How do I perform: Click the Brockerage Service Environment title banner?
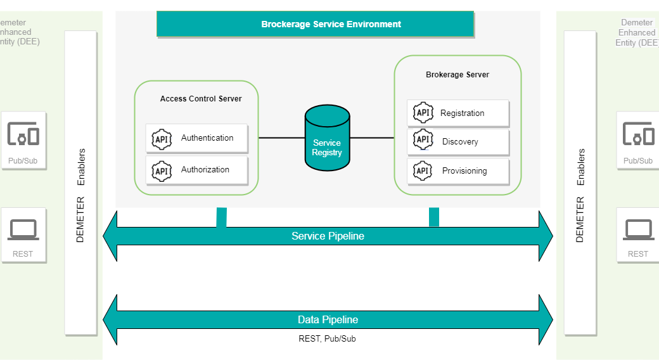pos(315,24)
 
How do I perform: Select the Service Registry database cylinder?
pos(327,139)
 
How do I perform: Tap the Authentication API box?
pos(196,138)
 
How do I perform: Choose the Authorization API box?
pos(196,170)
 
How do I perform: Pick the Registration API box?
pos(457,113)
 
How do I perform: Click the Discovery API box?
pos(457,142)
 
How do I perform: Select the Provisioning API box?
pos(457,171)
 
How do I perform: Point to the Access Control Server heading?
pos(200,99)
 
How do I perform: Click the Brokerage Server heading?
pos(457,75)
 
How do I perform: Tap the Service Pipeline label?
pos(328,236)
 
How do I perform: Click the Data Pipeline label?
pos(328,320)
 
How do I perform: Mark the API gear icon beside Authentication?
pos(162,138)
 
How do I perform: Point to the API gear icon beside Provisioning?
pos(423,170)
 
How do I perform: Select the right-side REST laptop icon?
pos(639,230)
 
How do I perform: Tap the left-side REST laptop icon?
pos(23,230)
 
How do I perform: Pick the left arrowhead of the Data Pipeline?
pos(110,320)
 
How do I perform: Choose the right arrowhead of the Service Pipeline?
pos(546,236)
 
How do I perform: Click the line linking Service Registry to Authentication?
pos(276,138)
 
